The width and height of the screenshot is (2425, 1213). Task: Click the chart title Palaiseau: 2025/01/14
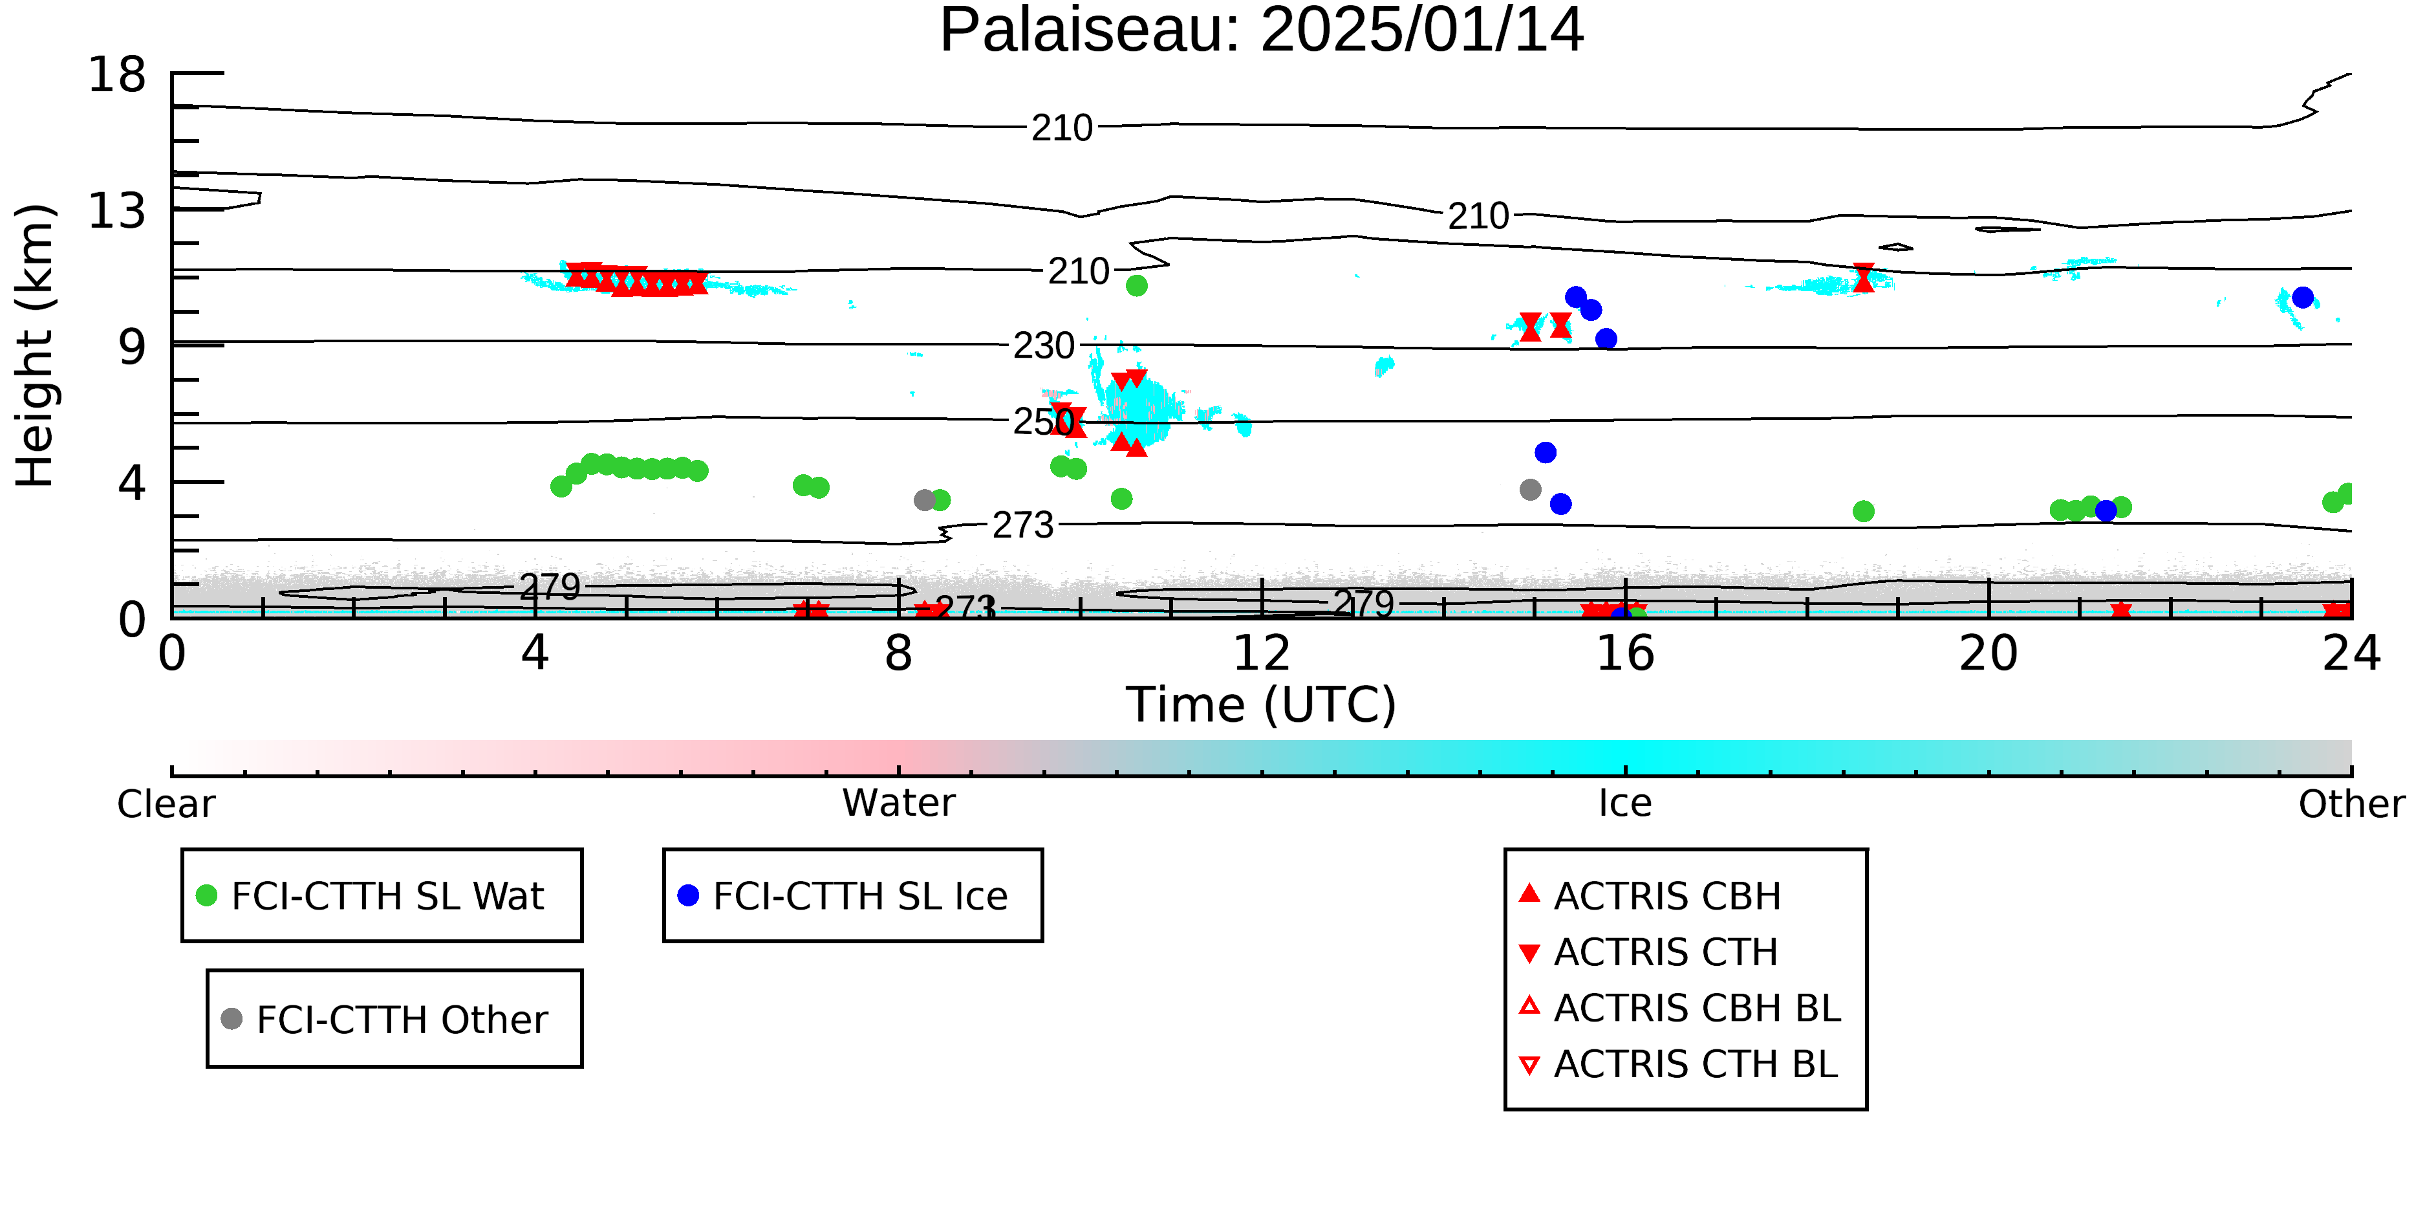coord(1262,30)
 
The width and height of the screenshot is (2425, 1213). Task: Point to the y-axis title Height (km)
coord(35,345)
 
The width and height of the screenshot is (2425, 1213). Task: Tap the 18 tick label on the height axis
coord(117,74)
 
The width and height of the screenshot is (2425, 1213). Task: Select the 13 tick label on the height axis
coord(117,211)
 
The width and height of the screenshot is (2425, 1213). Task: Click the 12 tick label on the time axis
coord(1262,653)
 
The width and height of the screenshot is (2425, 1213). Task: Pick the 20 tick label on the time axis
coord(1988,653)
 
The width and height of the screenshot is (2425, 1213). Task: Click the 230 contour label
coord(1043,345)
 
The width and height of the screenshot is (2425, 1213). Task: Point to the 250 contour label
coord(1043,421)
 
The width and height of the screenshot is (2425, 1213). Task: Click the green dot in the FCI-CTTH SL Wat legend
coord(206,895)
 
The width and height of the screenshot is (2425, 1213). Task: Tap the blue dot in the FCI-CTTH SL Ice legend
coord(688,895)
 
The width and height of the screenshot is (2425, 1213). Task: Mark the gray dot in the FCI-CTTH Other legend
coord(232,1018)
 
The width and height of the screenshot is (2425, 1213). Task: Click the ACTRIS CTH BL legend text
coord(1696,1064)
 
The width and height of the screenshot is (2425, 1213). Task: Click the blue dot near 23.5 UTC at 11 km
coord(2303,298)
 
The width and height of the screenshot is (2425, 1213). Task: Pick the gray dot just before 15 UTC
coord(1531,490)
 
